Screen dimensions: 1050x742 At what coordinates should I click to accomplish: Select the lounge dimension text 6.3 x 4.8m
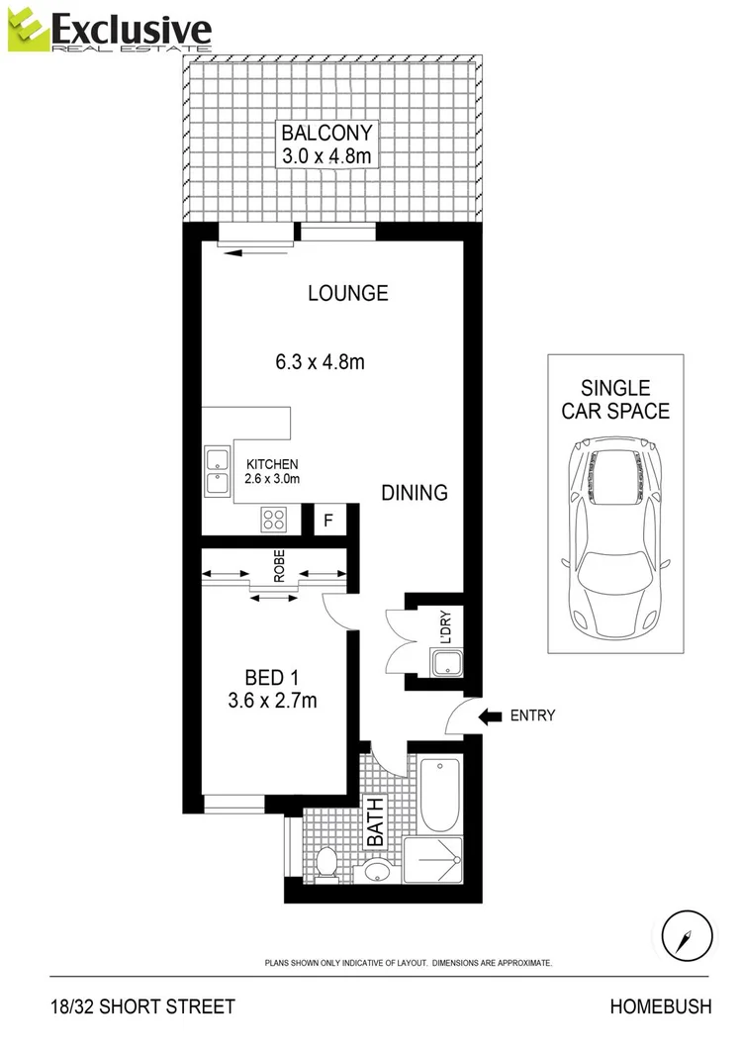(x=320, y=362)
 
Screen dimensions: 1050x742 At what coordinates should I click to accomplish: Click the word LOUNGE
(x=347, y=293)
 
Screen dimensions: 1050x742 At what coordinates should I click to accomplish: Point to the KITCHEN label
(x=272, y=464)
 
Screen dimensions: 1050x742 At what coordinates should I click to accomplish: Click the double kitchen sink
(x=217, y=470)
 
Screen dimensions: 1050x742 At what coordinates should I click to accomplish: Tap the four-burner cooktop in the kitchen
(x=274, y=519)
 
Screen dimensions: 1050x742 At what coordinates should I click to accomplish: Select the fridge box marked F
(x=327, y=520)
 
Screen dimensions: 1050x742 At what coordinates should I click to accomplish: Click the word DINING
(x=415, y=492)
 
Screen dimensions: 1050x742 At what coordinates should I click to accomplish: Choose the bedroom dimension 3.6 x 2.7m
(x=272, y=702)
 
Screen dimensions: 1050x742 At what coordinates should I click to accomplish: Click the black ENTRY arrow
(x=491, y=716)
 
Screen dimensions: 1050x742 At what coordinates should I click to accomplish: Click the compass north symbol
(x=685, y=935)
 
